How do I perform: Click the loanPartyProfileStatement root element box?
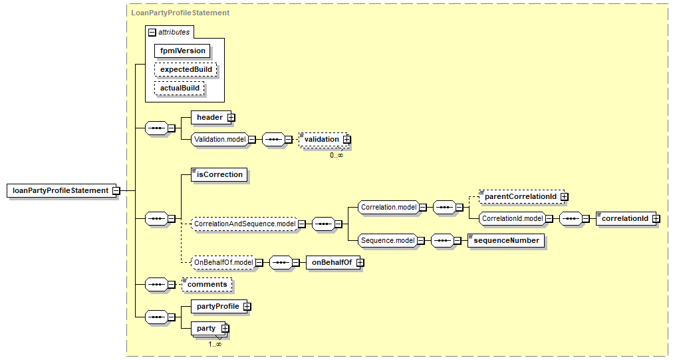pyautogui.click(x=60, y=190)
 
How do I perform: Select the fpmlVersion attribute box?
pyautogui.click(x=182, y=51)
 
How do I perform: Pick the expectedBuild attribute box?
pyautogui.click(x=186, y=69)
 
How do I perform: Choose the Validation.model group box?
pyautogui.click(x=219, y=139)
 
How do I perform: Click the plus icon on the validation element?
pyautogui.click(x=346, y=139)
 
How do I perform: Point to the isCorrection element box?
pyautogui.click(x=219, y=174)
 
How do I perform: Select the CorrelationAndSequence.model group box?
pyautogui.click(x=244, y=224)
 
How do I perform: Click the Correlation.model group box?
pyautogui.click(x=388, y=207)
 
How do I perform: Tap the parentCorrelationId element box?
pyautogui.click(x=519, y=196)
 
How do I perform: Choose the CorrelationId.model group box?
pyautogui.click(x=511, y=218)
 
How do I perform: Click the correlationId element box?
pyautogui.click(x=624, y=218)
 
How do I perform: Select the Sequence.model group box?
pyautogui.click(x=386, y=240)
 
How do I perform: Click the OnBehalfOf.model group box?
pyautogui.click(x=223, y=262)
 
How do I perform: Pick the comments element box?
pyautogui.click(x=207, y=284)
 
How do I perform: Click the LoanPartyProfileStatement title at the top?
pyautogui.click(x=180, y=12)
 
